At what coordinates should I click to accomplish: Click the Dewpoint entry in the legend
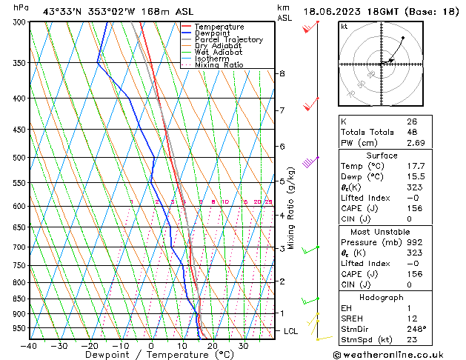click(214, 33)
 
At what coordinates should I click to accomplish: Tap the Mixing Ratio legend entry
click(219, 65)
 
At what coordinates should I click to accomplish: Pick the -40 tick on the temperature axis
click(30, 346)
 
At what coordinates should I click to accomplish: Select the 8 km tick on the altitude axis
click(282, 73)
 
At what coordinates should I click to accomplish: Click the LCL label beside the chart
click(290, 331)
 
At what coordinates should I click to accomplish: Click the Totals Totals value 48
click(411, 131)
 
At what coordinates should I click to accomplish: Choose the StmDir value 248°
click(416, 328)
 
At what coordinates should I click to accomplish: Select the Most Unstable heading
click(382, 231)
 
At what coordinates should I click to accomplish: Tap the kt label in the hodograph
click(344, 27)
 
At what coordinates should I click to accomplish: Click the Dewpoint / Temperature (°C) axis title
click(150, 356)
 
